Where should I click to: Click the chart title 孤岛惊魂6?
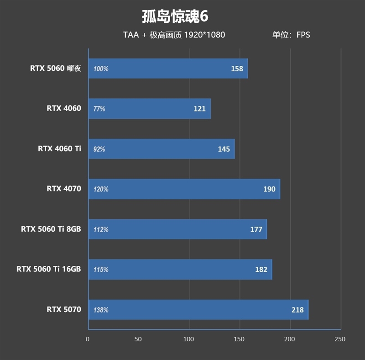(x=175, y=16)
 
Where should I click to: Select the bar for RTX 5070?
(x=198, y=310)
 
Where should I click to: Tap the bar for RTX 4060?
(x=149, y=109)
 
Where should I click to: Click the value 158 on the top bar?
(x=237, y=69)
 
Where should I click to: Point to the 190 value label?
(x=269, y=189)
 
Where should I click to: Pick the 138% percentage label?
(x=101, y=310)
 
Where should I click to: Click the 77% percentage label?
(x=99, y=109)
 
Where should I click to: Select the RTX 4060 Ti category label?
(x=59, y=148)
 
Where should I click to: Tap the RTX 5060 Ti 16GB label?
(x=48, y=269)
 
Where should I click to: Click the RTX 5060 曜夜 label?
(x=55, y=69)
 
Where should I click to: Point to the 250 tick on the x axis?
(x=340, y=339)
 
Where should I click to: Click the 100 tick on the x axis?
(x=189, y=339)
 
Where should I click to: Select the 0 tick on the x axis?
(x=88, y=339)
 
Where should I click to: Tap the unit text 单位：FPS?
(x=291, y=35)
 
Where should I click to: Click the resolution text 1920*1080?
(x=204, y=35)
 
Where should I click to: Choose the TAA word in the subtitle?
(x=130, y=35)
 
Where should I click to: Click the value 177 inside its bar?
(x=256, y=229)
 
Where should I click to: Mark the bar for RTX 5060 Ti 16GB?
(x=180, y=270)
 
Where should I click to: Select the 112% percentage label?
(x=101, y=229)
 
